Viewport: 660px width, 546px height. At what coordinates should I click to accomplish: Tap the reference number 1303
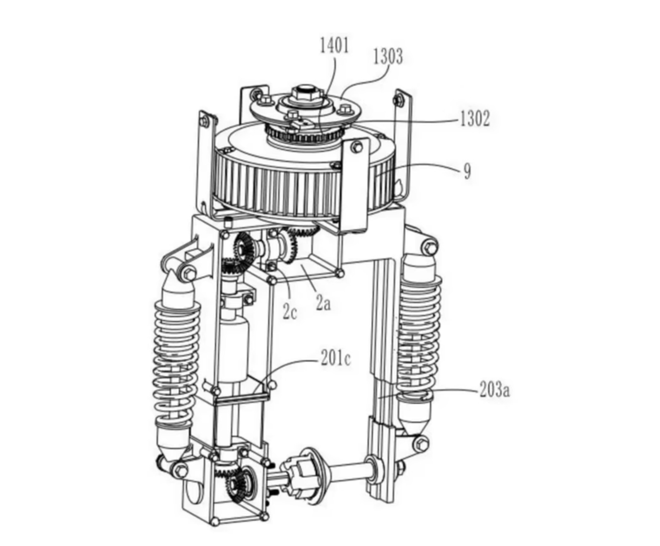point(388,57)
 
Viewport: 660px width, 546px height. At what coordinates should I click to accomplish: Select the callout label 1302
point(475,118)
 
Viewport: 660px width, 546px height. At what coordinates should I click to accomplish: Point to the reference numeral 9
point(467,172)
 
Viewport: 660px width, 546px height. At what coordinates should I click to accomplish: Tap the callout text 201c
point(336,359)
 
